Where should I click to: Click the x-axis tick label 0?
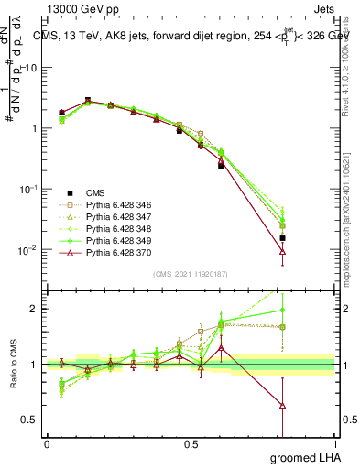point(47,443)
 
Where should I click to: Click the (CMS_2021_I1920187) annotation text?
point(189,273)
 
